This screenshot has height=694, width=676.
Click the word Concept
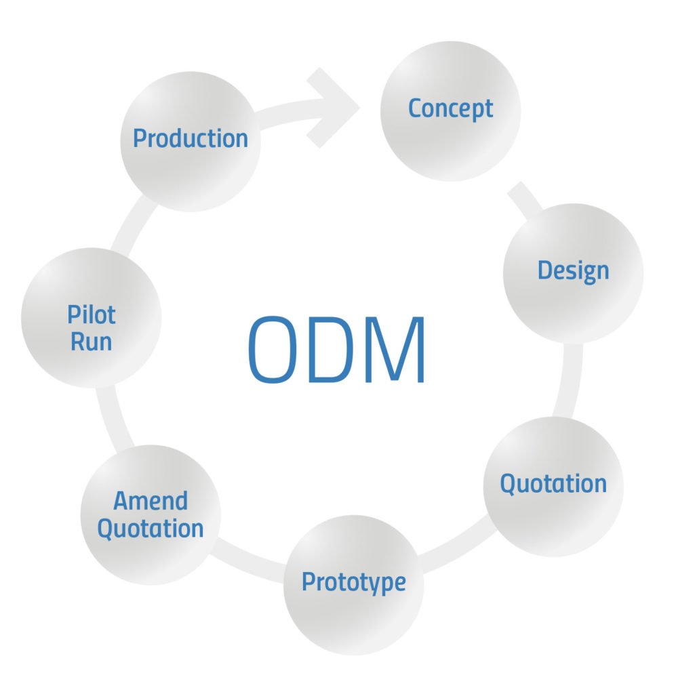[450, 108]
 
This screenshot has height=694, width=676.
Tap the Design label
[573, 270]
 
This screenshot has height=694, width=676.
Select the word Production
[191, 138]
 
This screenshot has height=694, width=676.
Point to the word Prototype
[353, 582]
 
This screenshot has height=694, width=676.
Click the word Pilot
[92, 314]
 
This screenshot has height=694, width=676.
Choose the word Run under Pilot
[92, 341]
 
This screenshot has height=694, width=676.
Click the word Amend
[151, 502]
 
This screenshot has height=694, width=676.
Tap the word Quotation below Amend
[151, 528]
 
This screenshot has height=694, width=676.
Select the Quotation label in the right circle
[553, 484]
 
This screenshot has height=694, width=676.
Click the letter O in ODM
[277, 350]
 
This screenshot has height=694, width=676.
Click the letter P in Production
[140, 138]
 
